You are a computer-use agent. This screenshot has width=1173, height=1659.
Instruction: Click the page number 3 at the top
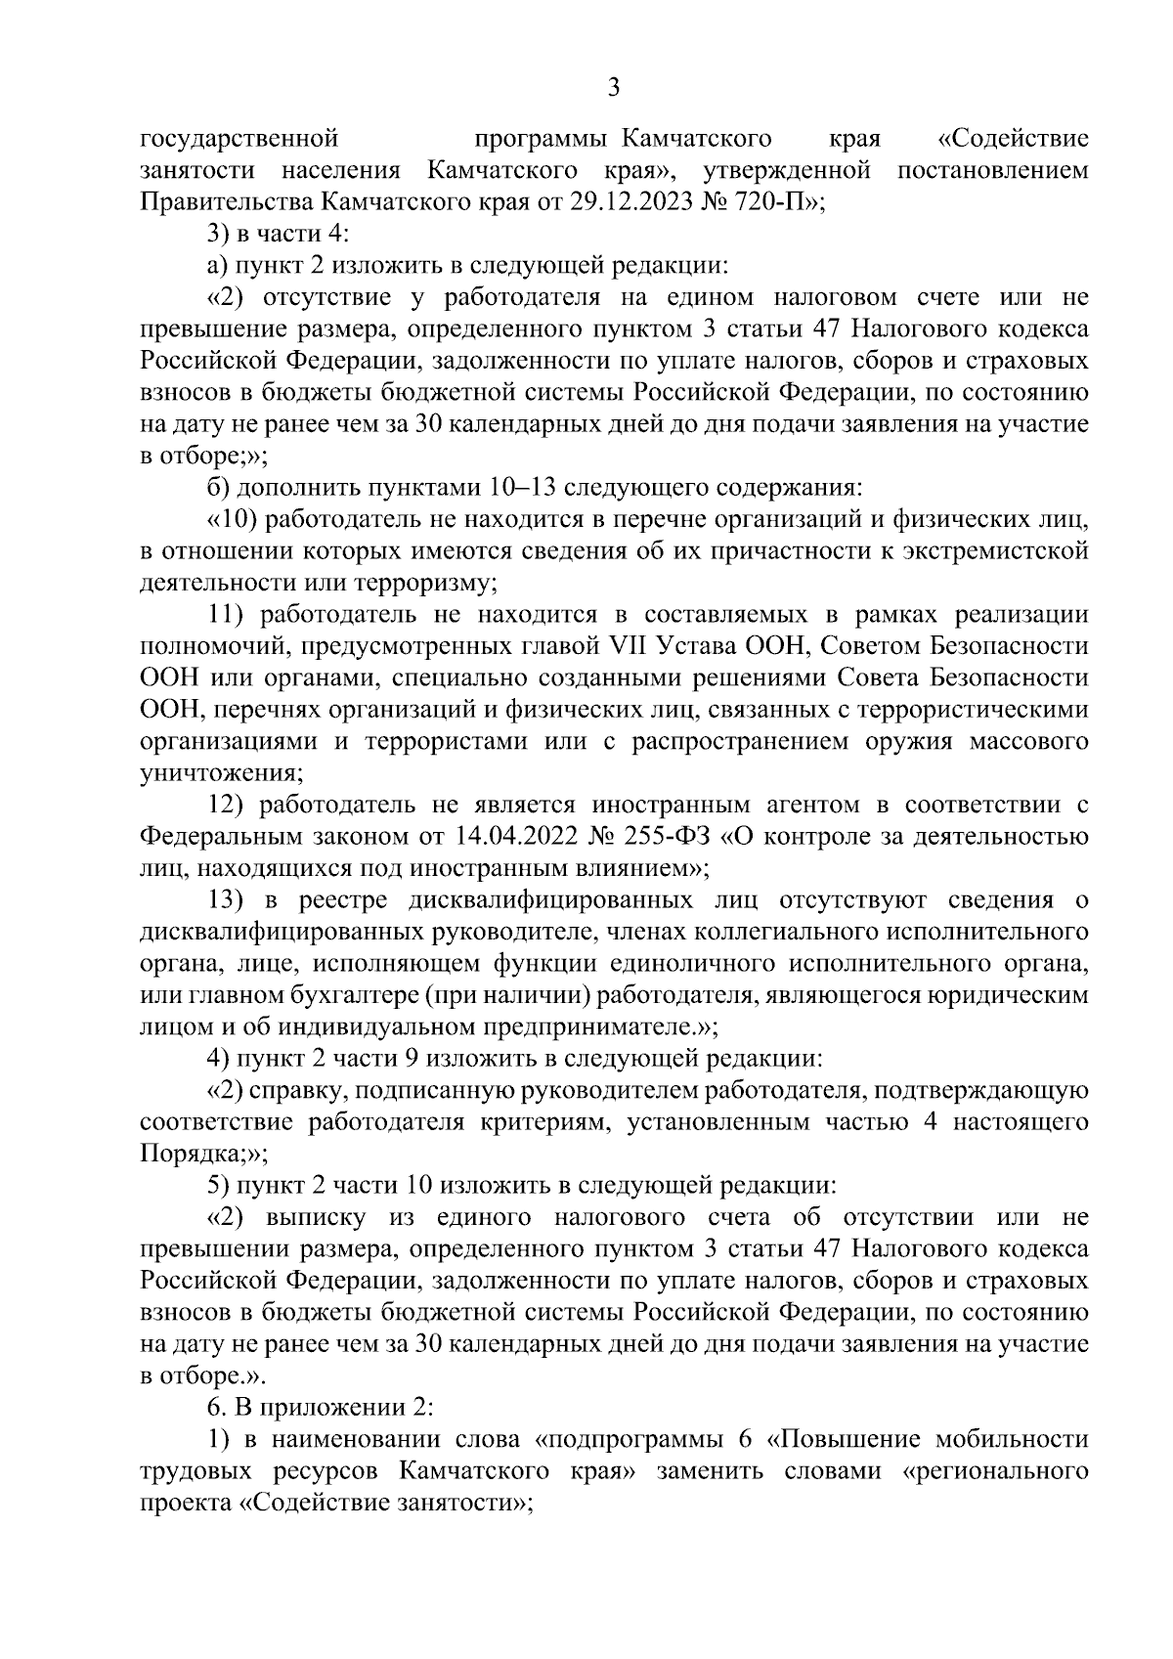[613, 88]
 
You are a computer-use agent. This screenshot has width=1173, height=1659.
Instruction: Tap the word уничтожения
[221, 773]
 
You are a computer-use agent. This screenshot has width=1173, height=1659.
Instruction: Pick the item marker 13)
[233, 899]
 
